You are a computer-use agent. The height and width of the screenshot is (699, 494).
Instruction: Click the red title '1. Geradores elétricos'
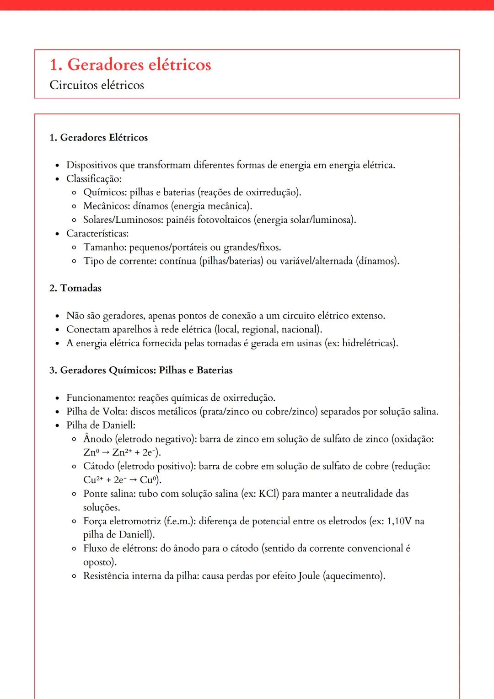point(130,65)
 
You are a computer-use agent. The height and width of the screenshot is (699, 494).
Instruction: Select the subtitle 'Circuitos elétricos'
point(97,85)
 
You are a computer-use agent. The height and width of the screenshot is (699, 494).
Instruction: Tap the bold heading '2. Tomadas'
point(75,288)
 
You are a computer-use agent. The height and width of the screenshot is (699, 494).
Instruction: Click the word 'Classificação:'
point(94,179)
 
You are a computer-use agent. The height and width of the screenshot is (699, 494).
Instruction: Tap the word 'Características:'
point(97,234)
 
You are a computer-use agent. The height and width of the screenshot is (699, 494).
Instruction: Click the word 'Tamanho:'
point(105,247)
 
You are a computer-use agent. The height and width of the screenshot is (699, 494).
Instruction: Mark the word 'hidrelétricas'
point(368,343)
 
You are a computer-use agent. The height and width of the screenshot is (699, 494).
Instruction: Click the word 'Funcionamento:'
point(101,398)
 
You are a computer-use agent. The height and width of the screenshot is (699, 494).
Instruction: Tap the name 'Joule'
point(309,576)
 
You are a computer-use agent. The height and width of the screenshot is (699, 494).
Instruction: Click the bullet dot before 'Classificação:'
point(57,179)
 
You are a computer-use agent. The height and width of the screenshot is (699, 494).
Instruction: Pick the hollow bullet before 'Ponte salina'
point(74,495)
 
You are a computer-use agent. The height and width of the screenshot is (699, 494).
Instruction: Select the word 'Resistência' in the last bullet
point(106,576)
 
